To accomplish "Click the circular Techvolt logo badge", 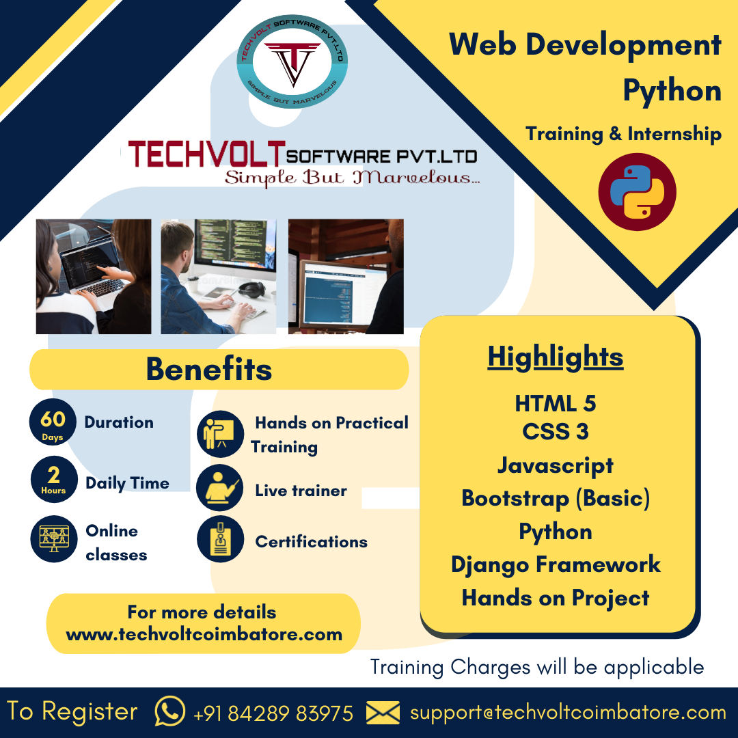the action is [x=292, y=61].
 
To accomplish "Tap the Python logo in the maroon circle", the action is [x=638, y=192].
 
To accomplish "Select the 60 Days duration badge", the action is [x=53, y=422].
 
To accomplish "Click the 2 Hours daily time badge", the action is [x=54, y=479].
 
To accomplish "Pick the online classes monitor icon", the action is [x=54, y=539].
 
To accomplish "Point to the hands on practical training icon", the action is [x=220, y=434].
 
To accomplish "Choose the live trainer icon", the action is [x=220, y=488].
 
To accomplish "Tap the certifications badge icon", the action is [x=220, y=539].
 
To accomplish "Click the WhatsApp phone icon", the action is [x=170, y=711].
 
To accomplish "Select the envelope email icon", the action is [x=383, y=712].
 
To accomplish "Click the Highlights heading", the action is [x=556, y=357].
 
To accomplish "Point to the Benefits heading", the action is [x=209, y=368].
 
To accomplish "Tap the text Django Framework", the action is [x=556, y=565].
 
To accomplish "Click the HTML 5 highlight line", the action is [x=556, y=403].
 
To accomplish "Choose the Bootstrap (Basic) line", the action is [x=556, y=498].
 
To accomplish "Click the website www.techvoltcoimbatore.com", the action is [x=204, y=634].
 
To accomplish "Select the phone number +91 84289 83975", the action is [x=273, y=713].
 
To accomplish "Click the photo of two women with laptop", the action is [x=94, y=276].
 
